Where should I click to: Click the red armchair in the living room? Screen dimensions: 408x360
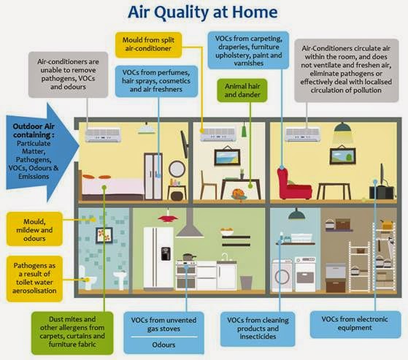coord(293,184)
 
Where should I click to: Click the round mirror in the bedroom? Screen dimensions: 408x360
coord(177,169)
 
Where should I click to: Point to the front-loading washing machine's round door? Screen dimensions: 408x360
coord(282,276)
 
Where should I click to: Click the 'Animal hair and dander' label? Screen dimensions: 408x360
coord(242,91)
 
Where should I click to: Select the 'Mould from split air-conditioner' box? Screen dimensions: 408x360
coord(148,45)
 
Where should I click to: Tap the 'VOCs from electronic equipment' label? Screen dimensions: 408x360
coord(355,324)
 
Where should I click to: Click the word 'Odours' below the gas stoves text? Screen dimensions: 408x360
coord(163,345)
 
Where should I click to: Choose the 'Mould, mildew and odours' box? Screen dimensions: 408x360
coord(34,229)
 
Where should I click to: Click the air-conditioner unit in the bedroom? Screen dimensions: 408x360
coord(103,135)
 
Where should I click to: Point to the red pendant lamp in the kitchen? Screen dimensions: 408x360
coord(168,218)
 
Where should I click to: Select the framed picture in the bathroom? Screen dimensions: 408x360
coord(104,235)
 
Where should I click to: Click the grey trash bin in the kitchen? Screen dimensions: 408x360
coord(246,283)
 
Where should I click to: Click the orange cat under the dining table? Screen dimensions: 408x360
coord(239,194)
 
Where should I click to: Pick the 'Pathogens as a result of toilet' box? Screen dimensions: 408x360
coord(34,278)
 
